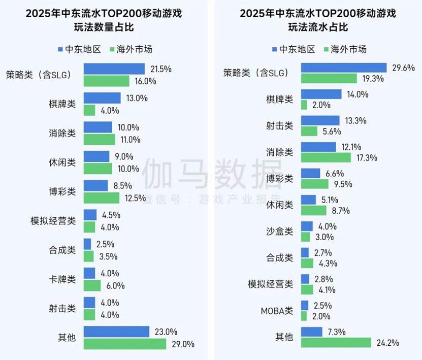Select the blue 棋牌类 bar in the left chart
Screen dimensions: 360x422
tap(102, 98)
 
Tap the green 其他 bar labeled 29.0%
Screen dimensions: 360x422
tap(125, 344)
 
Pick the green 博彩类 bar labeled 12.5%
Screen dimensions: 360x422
tap(101, 198)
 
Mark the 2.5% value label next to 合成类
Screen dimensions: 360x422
tap(105, 244)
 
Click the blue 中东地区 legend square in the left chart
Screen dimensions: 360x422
tap(60, 49)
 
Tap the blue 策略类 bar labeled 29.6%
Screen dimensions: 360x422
tap(344, 67)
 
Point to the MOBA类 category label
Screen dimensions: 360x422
tap(276, 310)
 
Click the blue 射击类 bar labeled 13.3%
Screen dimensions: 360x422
tap(320, 120)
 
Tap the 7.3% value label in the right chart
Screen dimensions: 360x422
tap(336, 332)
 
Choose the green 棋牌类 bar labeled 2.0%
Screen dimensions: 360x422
tap(304, 105)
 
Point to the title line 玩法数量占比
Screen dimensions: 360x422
tap(104, 27)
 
